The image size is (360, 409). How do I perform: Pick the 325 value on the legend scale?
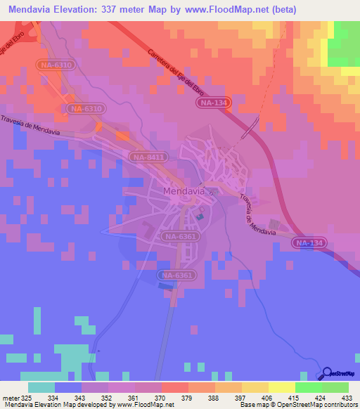click(x=29, y=397)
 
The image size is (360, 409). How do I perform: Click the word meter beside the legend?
click(x=11, y=397)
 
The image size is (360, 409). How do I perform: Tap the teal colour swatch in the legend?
click(x=41, y=387)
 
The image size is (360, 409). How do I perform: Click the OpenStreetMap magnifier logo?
click(x=328, y=375)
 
